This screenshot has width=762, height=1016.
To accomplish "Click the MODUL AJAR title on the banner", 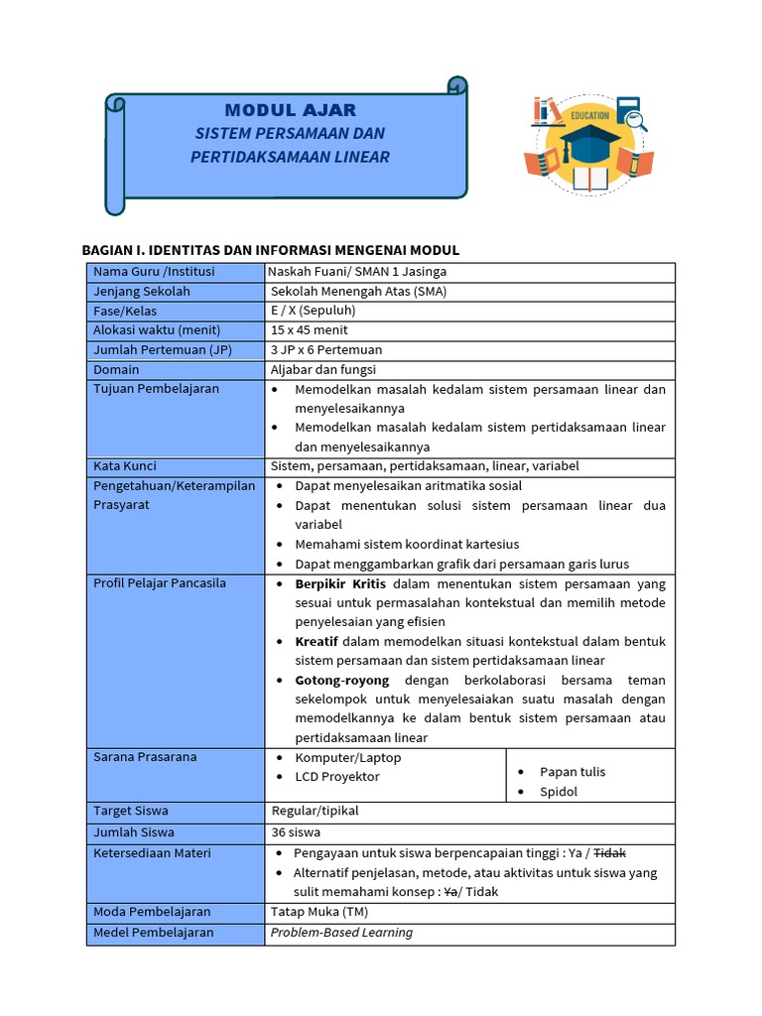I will [x=290, y=109].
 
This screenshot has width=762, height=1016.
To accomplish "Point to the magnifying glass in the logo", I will [x=638, y=123].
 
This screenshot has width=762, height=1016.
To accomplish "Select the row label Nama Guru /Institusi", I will [x=154, y=272].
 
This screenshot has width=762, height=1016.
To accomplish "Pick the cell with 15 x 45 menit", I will [x=310, y=330].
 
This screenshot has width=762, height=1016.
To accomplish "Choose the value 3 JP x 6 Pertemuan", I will [x=326, y=349].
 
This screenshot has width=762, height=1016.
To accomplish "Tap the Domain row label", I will [x=116, y=369].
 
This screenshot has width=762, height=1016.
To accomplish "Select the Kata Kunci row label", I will [x=125, y=466].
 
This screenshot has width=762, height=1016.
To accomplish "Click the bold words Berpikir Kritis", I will [x=340, y=583].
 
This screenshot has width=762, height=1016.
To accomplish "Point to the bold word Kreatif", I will [x=317, y=642].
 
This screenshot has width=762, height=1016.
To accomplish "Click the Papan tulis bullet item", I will [x=572, y=772].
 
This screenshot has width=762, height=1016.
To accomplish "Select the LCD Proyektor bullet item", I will [x=337, y=777].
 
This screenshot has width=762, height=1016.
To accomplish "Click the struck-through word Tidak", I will [x=609, y=853].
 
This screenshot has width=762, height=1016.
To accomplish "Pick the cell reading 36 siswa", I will [x=296, y=833].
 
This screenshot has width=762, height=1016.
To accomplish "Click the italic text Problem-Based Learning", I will [x=341, y=933].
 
